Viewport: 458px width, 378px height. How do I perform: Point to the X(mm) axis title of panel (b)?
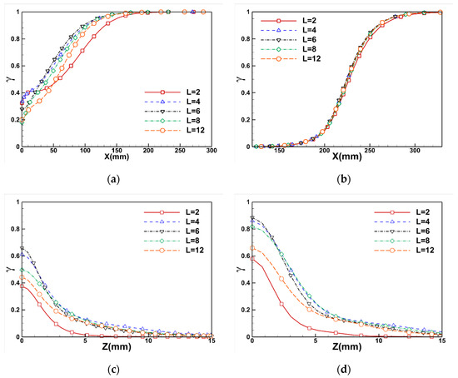346,159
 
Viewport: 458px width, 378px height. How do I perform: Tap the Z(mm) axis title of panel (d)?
346,349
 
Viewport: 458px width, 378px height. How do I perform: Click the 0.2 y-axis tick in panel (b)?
242,119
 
